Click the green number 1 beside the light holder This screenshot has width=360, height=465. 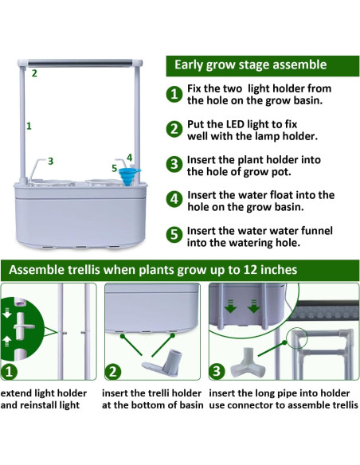29,125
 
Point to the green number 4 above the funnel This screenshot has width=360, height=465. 129,157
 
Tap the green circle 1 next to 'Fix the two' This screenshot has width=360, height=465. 174,95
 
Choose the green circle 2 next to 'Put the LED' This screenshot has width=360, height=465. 174,130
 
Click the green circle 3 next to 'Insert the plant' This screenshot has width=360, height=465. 174,165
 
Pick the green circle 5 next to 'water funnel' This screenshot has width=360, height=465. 174,236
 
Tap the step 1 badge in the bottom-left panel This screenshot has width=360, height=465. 10,371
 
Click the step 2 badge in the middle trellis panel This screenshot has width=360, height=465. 113,371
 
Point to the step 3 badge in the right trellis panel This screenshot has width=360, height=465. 217,371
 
